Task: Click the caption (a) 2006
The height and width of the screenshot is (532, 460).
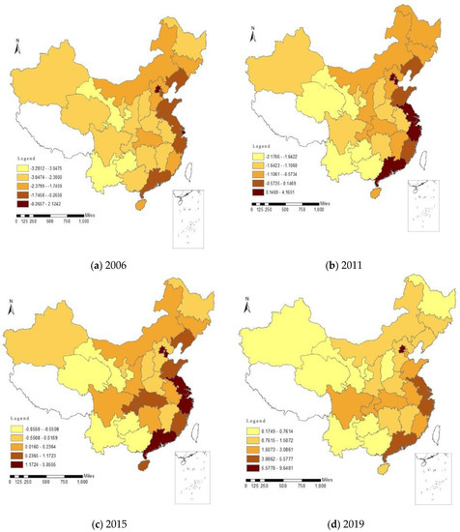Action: pyautogui.click(x=116, y=259)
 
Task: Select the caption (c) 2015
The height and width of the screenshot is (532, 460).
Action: pyautogui.click(x=116, y=523)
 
